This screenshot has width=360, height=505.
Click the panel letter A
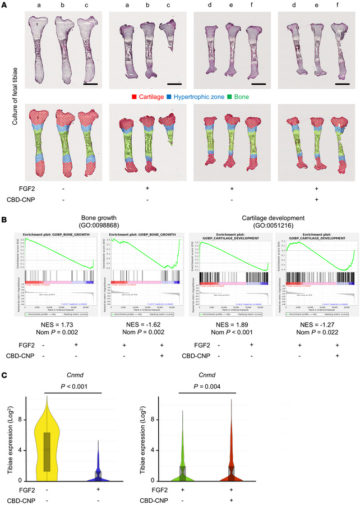pyautogui.click(x=4, y=4)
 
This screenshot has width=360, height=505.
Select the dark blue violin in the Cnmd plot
pyautogui.click(x=98, y=471)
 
